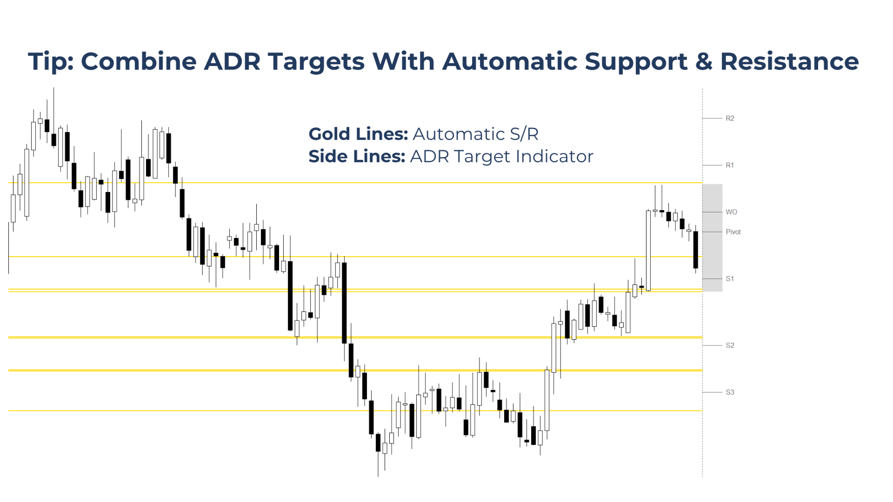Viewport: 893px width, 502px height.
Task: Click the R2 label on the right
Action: tap(730, 119)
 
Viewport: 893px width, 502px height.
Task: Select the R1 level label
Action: tap(730, 165)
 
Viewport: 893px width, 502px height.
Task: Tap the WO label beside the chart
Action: tap(732, 212)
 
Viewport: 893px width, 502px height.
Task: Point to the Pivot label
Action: tap(733, 232)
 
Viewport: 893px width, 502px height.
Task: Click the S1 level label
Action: tap(730, 279)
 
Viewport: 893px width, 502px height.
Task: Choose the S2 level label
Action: tap(730, 345)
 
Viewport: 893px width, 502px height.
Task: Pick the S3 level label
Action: tap(730, 392)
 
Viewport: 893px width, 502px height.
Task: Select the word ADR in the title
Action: tap(232, 61)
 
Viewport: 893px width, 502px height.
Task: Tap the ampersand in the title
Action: tap(703, 61)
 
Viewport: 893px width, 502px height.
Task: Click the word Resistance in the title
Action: tap(789, 61)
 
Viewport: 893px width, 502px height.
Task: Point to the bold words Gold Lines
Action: tap(358, 134)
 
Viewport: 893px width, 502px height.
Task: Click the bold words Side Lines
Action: tap(357, 156)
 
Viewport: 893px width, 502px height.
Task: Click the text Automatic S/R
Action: tap(475, 134)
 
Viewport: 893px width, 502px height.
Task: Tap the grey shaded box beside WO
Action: tap(712, 238)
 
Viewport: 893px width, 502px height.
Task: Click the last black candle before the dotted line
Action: tap(696, 250)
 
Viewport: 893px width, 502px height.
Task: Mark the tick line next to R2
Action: tap(712, 119)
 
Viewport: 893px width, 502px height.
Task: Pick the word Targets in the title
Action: tap(317, 62)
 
